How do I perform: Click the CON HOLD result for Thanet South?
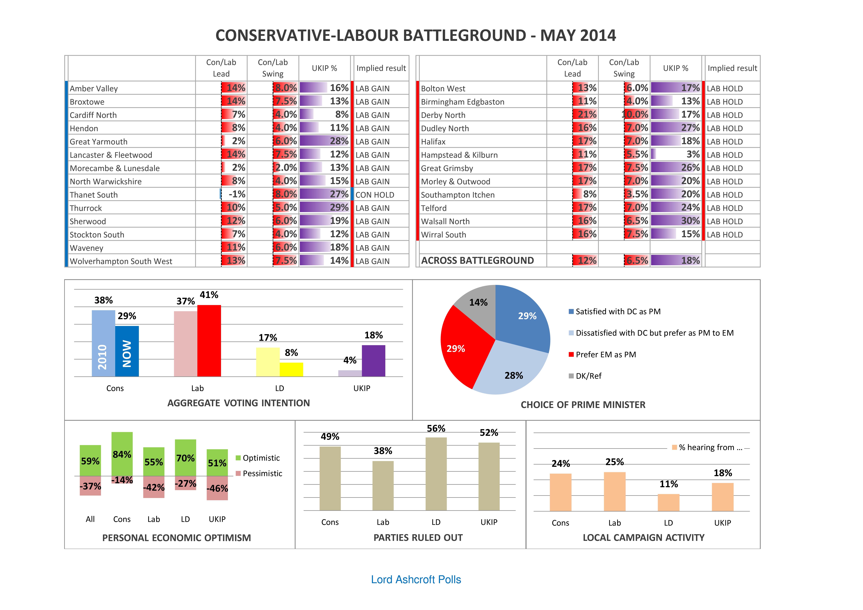[375, 195]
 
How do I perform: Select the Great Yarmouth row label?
[99, 142]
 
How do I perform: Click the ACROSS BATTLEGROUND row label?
[477, 261]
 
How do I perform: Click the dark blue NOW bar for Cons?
[127, 351]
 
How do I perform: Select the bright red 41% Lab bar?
[209, 341]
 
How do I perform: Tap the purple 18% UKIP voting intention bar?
[374, 361]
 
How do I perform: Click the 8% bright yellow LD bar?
[291, 369]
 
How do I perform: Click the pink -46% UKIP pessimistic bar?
[217, 488]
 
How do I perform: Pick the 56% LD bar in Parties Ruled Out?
[436, 474]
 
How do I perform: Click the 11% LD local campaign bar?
[669, 502]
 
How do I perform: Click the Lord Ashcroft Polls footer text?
[416, 579]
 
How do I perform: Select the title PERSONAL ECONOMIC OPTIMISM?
[177, 538]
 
